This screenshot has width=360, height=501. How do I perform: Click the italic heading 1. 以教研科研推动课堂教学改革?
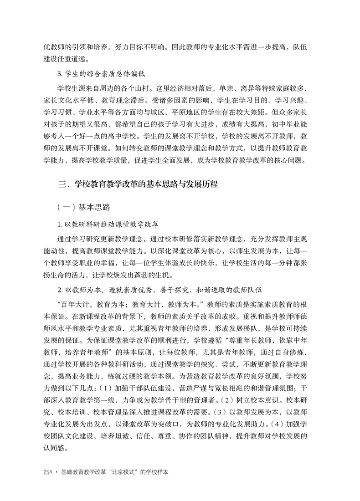(108, 225)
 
